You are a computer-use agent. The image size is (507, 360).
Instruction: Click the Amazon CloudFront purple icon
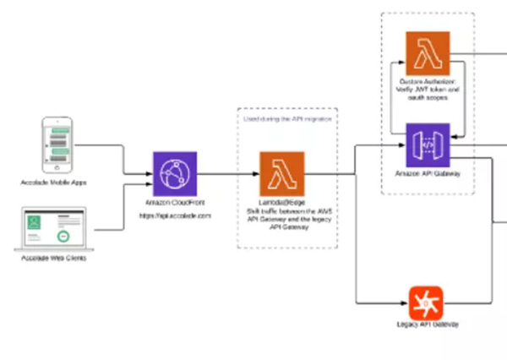tap(175, 174)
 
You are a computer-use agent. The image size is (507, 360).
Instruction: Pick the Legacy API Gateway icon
tap(420, 302)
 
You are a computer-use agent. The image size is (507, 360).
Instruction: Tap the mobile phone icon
tap(55, 145)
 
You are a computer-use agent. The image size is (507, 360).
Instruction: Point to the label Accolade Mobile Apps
tap(54, 183)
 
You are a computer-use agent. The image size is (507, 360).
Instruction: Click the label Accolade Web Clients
tap(54, 257)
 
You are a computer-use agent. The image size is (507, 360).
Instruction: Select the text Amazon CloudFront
tap(175, 205)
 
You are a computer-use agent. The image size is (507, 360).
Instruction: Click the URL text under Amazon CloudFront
tap(175, 216)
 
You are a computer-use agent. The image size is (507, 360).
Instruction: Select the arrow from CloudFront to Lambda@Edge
tap(228, 175)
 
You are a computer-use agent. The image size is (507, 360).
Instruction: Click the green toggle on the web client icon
tap(63, 233)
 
